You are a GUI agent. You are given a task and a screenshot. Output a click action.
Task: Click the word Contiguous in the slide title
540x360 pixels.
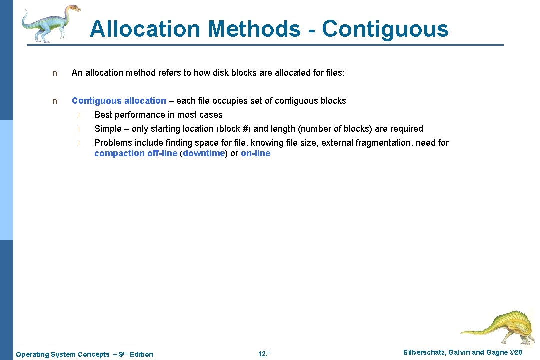point(385,29)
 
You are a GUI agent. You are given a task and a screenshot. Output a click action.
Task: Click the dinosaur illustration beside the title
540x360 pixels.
point(50,22)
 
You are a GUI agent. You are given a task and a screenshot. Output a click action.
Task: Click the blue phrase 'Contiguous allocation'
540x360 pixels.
point(119,101)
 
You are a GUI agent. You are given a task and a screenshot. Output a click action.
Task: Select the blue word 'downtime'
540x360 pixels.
point(204,153)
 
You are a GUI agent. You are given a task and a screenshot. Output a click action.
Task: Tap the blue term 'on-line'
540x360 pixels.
point(255,153)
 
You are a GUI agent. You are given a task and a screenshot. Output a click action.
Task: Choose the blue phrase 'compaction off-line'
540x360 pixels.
point(135,153)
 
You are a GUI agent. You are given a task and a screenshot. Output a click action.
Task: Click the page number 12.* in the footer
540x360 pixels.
point(264,354)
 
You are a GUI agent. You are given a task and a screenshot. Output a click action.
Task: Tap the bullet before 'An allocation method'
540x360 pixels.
point(55,73)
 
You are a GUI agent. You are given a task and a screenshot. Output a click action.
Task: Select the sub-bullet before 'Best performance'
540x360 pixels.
point(78,115)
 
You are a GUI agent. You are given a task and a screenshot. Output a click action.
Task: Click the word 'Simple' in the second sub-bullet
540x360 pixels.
point(108,129)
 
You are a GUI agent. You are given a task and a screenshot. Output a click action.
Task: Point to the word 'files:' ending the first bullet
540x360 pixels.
point(334,73)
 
